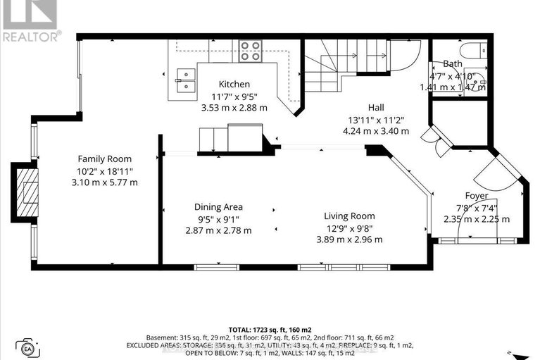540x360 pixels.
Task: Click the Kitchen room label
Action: coord(234,84)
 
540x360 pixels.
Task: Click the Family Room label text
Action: coord(104,159)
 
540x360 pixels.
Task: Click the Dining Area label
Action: coord(218,206)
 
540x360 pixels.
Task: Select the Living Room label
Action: coord(349,216)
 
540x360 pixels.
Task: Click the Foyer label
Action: coord(476,195)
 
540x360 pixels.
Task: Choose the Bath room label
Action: coord(453,63)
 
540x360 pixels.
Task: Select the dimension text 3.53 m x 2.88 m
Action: coord(234,108)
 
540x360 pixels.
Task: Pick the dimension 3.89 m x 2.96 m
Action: coord(349,239)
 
